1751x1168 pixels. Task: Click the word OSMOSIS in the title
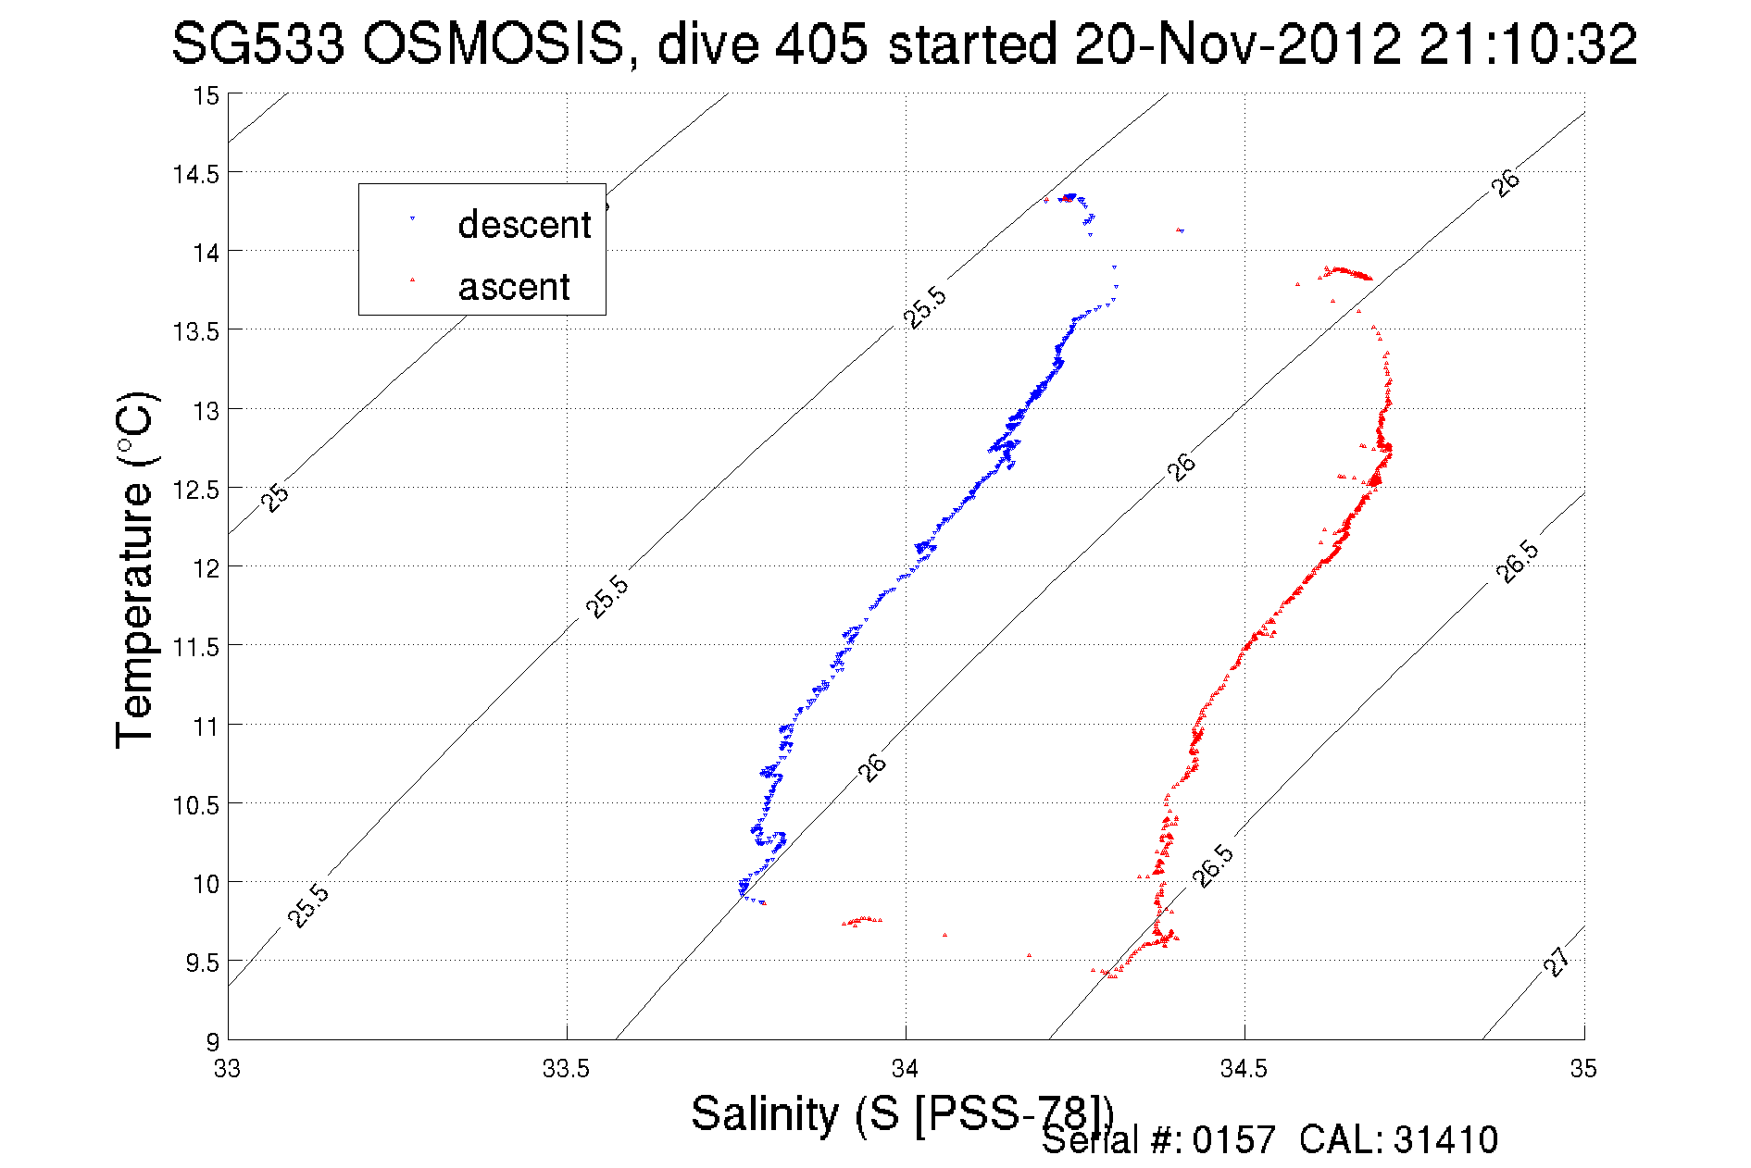coord(493,43)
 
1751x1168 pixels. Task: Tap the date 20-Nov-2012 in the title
coord(1236,43)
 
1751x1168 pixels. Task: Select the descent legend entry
coord(523,225)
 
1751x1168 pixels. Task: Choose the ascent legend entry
coord(513,287)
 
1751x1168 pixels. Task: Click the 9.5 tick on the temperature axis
coord(202,963)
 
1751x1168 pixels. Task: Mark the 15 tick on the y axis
coord(206,95)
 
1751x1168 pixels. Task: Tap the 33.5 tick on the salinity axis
coord(566,1069)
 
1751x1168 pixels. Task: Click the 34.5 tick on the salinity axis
coord(1244,1069)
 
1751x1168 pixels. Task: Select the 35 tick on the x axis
coord(1582,1069)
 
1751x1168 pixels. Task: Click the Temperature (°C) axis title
coord(135,570)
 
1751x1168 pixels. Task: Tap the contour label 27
coord(1557,962)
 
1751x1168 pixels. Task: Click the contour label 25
coord(275,497)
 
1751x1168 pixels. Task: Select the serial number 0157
coord(1233,1140)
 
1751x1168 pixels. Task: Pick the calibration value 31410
coord(1445,1140)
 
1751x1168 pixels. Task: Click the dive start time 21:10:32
coord(1528,43)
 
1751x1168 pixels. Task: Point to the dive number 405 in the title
coord(821,43)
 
